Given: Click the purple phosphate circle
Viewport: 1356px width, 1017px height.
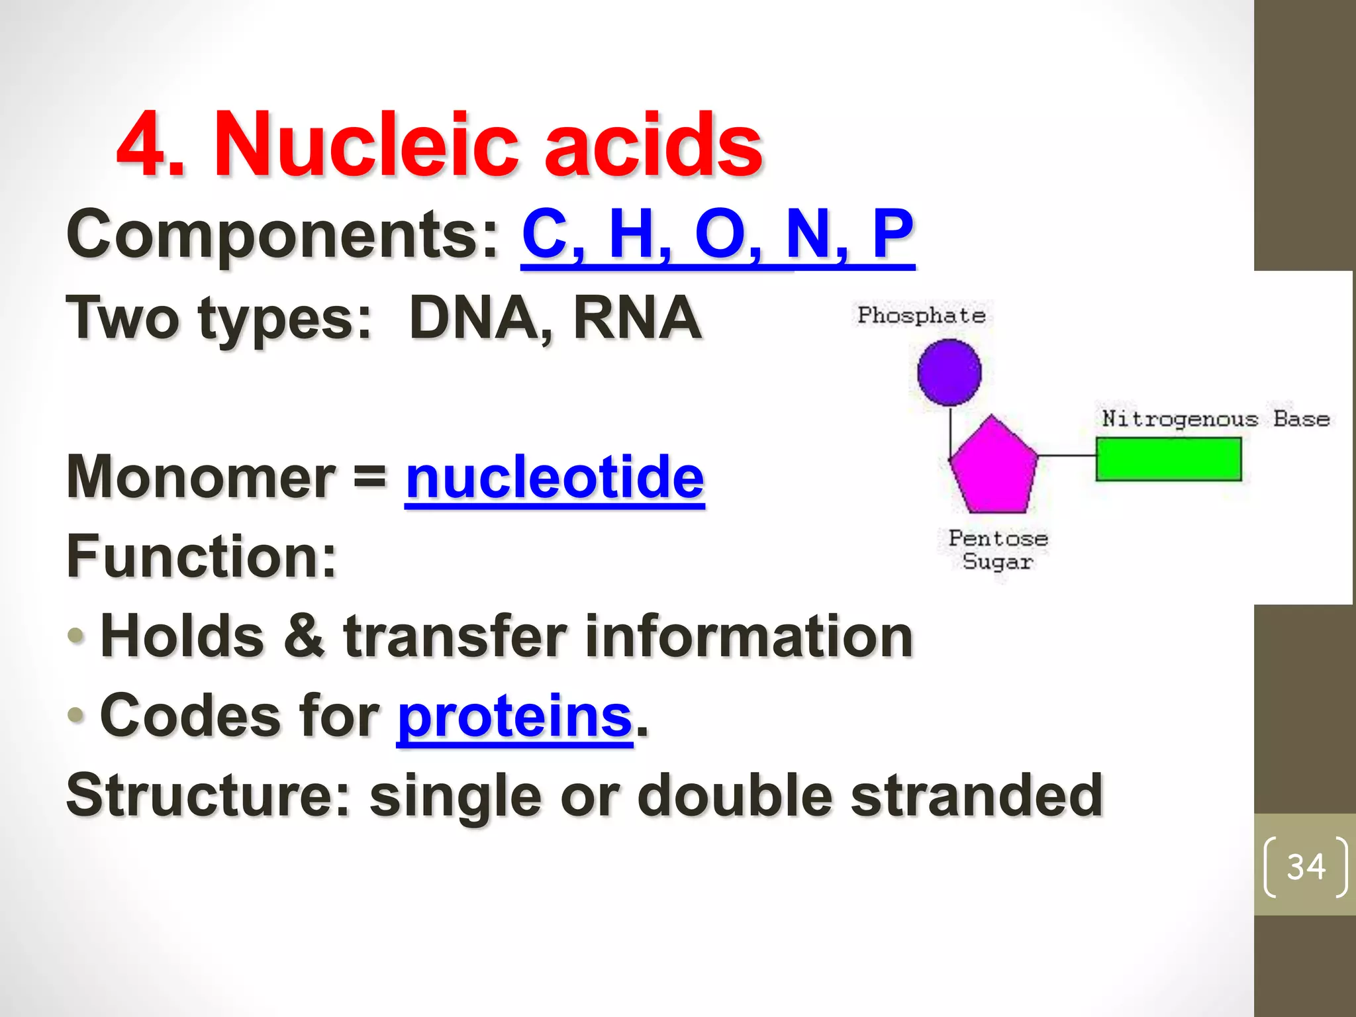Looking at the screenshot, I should coord(949,372).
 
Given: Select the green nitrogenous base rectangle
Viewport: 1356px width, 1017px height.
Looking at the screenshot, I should coord(1169,459).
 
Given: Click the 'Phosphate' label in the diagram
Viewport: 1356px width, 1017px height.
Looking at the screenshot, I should coord(921,315).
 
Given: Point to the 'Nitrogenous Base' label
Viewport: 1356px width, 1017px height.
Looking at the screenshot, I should coord(1216,419).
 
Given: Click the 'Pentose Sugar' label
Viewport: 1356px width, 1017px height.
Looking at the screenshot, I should coord(998,550).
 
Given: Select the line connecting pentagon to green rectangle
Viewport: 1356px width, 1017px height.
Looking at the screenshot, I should coord(1067,456).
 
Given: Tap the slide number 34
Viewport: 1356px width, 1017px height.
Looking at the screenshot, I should coord(1306,867).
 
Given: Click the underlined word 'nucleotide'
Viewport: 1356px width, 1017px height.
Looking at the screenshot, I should coord(555,478).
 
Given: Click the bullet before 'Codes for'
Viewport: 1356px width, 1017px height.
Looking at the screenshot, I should coord(76,715).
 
